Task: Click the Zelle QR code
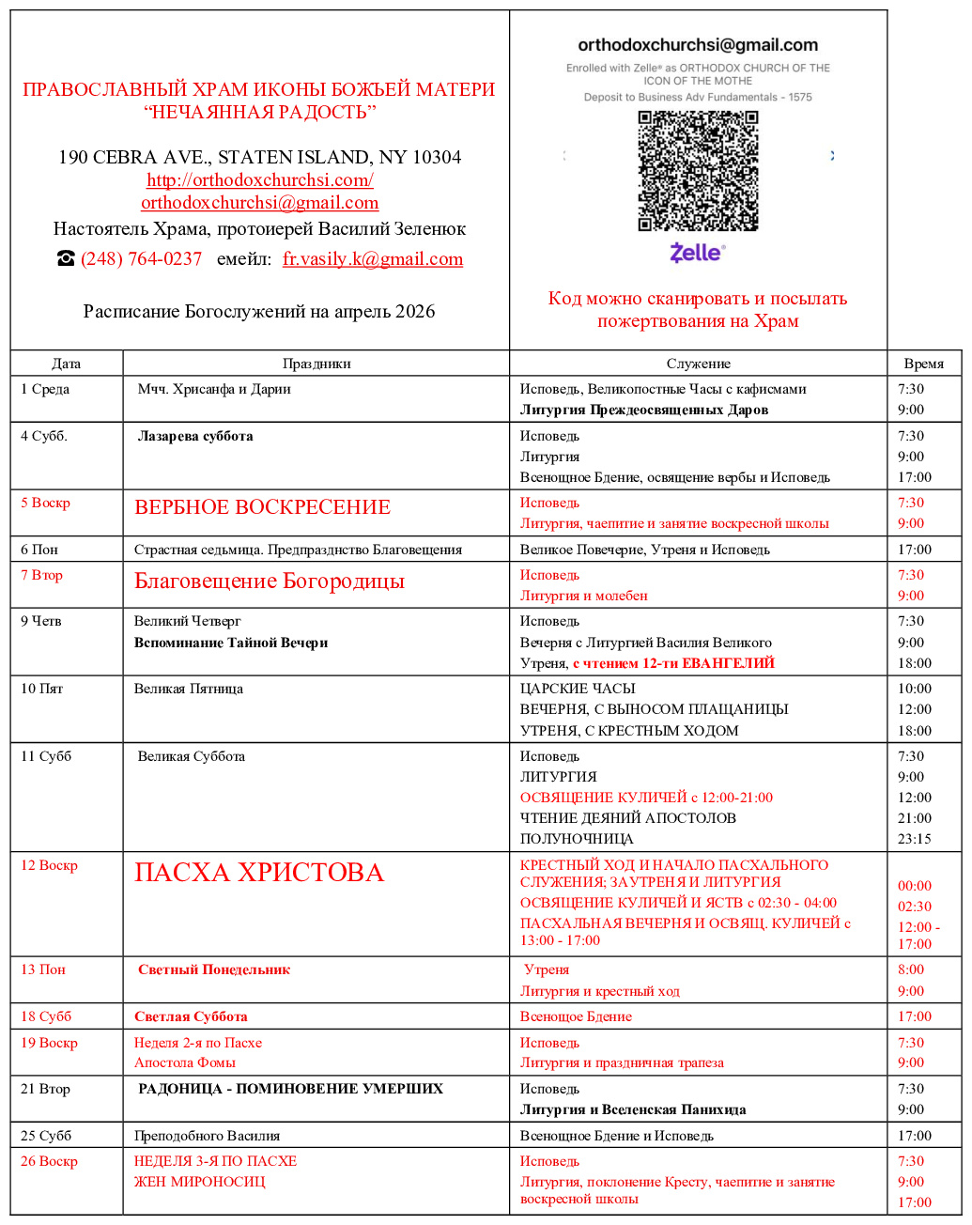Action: pos(698,170)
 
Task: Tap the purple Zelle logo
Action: pos(697,252)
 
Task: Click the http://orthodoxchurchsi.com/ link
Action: pos(260,179)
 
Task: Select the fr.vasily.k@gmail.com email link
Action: pos(373,259)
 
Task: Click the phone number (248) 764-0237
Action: pos(142,259)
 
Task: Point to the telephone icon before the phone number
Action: pos(66,259)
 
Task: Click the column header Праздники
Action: pos(316,364)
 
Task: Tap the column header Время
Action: pos(924,364)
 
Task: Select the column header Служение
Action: pos(698,364)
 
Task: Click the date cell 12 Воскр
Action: pos(49,865)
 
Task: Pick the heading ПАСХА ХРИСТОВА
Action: pos(259,873)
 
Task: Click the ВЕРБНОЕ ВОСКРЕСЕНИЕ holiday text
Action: pos(262,507)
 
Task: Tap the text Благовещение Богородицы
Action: pos(270,581)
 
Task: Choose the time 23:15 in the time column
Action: pos(915,839)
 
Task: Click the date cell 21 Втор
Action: pos(45,1089)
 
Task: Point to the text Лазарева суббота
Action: pos(195,436)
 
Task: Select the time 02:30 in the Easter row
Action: pos(915,907)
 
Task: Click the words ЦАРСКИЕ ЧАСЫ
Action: pos(578,689)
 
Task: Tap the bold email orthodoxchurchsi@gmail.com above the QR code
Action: pos(698,45)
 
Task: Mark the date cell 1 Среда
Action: pos(45,389)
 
